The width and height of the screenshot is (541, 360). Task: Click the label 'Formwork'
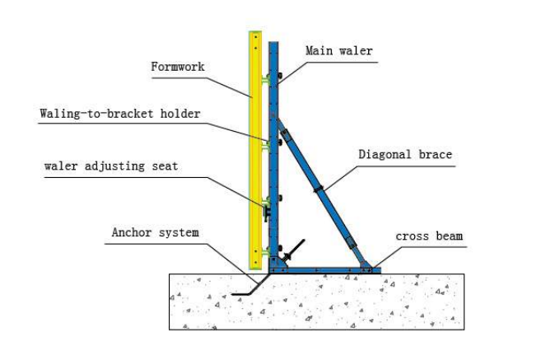coord(177,67)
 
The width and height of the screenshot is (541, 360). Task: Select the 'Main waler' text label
coord(338,51)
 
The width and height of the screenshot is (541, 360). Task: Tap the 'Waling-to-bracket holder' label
coord(120,114)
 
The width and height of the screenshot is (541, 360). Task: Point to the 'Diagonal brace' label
coord(405,154)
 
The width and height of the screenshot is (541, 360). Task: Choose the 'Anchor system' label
coord(155,232)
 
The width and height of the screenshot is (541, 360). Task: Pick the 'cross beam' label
coord(429,236)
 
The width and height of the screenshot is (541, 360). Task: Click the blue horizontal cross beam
coord(321,269)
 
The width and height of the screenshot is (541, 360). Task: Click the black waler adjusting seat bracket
coord(266,213)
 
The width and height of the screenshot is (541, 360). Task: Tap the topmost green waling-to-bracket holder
coord(265,80)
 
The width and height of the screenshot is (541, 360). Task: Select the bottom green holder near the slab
coord(265,251)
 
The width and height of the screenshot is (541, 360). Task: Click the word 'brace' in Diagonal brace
coord(433,154)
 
